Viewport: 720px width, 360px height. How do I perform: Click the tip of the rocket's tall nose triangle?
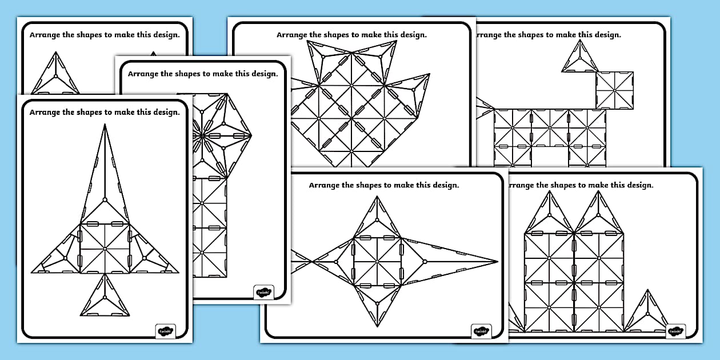click(105, 126)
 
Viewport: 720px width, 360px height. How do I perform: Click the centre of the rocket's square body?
click(105, 248)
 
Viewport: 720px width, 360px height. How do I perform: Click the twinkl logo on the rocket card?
click(166, 331)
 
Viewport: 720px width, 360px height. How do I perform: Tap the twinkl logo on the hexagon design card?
click(263, 292)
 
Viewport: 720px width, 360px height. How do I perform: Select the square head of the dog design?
click(614, 90)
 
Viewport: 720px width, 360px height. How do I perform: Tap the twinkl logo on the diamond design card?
click(481, 331)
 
